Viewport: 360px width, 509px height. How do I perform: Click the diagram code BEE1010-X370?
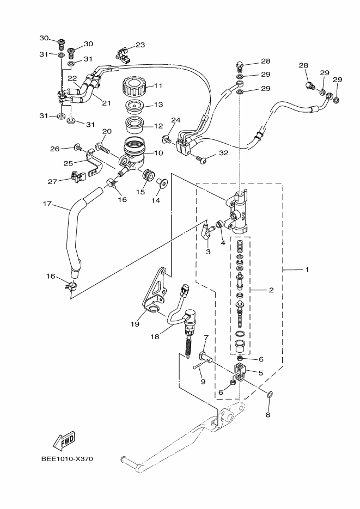coord(67,458)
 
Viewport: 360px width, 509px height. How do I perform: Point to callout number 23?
coord(140,45)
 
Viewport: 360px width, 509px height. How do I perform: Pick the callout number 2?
coord(271,290)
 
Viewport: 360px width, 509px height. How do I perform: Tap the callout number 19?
coord(135,324)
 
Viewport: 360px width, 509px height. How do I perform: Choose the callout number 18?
coord(155,337)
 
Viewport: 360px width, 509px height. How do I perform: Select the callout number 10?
coord(158,154)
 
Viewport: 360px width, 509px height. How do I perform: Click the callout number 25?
coord(68,163)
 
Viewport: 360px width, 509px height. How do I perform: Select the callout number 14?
coord(156,200)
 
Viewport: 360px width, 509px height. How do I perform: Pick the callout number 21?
coord(106,103)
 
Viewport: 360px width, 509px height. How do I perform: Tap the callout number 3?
coord(208,252)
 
